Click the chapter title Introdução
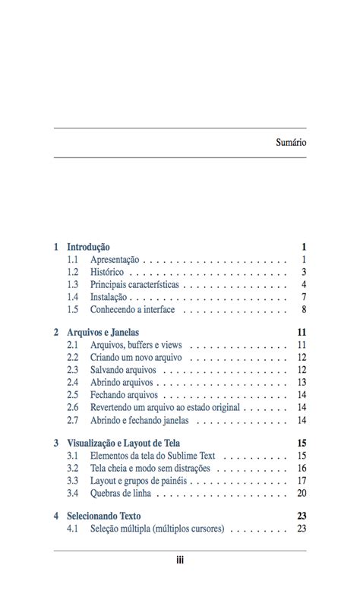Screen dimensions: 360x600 point(88,247)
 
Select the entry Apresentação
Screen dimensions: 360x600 point(115,260)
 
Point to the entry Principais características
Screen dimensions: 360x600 point(134,285)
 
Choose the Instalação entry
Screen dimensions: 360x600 point(109,297)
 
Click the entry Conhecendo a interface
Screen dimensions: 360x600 point(132,310)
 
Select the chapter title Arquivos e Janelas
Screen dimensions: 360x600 point(103,333)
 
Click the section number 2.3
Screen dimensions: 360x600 point(73,370)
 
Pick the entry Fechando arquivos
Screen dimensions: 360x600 point(124,395)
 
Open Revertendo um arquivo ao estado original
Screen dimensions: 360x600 point(165,407)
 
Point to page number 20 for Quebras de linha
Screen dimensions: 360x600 point(302,493)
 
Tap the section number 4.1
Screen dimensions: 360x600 point(73,529)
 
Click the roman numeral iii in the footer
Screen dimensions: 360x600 point(180,561)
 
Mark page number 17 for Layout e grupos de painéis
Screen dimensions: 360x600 point(302,481)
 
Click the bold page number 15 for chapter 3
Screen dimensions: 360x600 point(302,443)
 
